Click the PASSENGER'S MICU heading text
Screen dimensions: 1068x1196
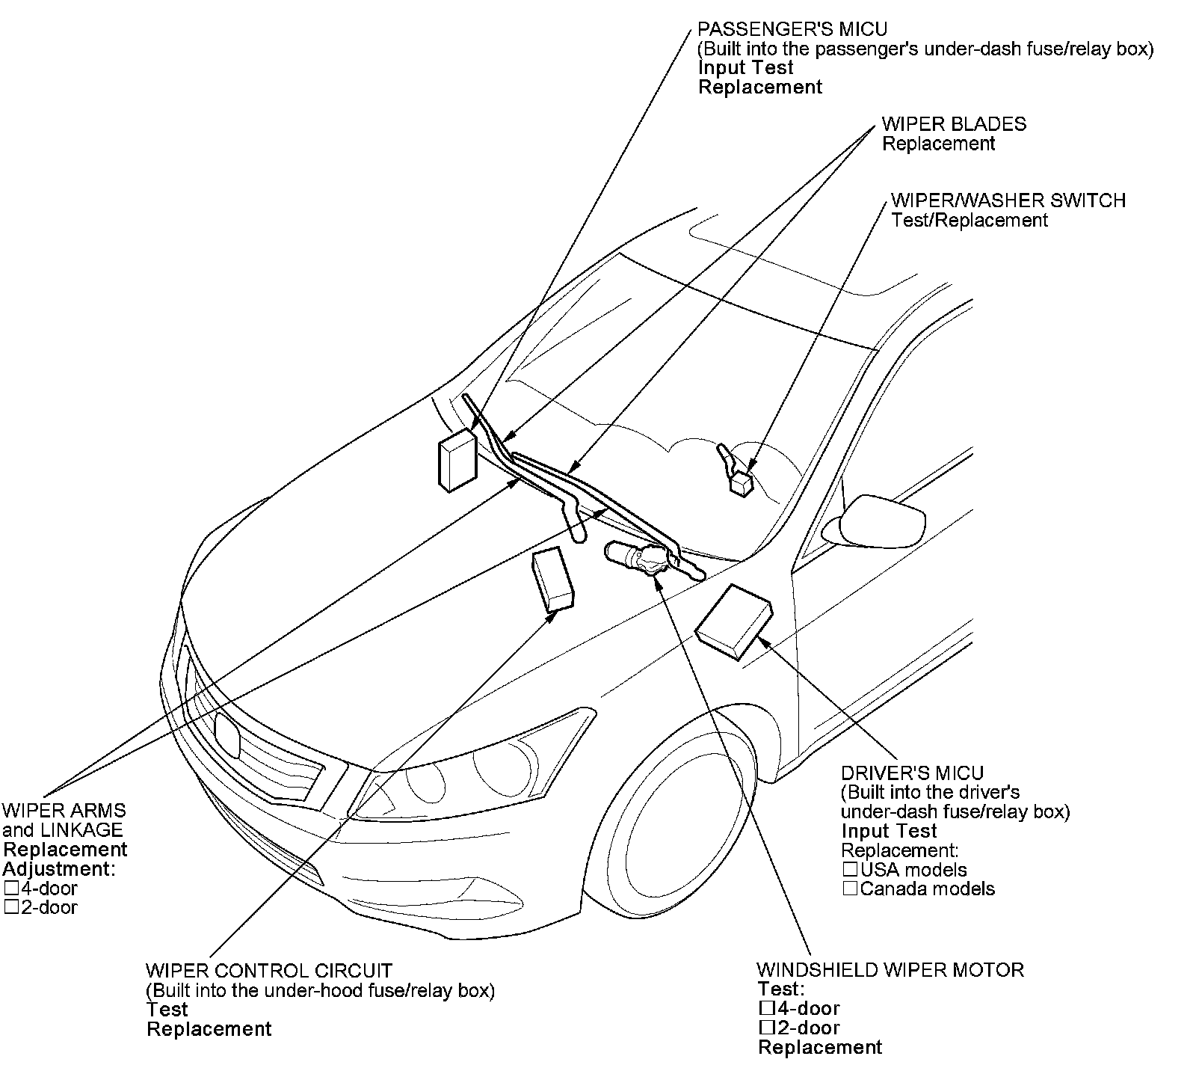[x=792, y=29]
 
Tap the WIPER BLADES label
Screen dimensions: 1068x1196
[x=954, y=124]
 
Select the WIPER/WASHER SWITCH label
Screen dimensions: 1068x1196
[x=1008, y=200]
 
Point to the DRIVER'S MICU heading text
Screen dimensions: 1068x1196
[x=912, y=773]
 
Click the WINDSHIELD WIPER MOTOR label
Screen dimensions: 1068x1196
[x=890, y=970]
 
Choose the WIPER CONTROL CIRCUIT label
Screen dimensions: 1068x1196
[x=268, y=971]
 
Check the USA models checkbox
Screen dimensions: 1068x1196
[x=850, y=870]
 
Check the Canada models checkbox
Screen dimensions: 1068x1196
[x=850, y=889]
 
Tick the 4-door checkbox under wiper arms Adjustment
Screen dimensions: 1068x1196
[x=10, y=889]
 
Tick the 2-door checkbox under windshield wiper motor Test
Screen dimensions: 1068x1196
[x=765, y=1028]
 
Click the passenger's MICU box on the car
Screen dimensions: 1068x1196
[x=457, y=461]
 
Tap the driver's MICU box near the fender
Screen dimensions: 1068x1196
[x=733, y=622]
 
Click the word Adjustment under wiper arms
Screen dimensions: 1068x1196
[x=58, y=869]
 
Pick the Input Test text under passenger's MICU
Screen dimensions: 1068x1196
[x=745, y=67]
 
